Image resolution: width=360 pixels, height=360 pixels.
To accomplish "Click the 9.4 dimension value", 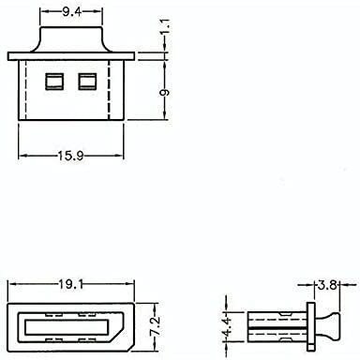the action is (x=71, y=12).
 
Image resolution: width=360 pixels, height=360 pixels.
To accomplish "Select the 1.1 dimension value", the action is (x=166, y=27).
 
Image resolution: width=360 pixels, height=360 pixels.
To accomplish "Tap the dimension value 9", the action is (x=165, y=92).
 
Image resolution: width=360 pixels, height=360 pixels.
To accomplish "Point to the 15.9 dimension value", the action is (x=71, y=156).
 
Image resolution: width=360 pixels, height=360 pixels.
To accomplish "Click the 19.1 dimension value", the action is (x=71, y=284).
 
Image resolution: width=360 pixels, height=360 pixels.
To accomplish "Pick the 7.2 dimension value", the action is (x=156, y=326).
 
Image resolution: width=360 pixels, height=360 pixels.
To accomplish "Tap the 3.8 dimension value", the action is (x=327, y=285).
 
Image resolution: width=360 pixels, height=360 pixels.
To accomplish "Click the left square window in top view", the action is (x=54, y=82).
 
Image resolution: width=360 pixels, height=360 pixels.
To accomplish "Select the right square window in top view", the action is (x=87, y=82).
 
